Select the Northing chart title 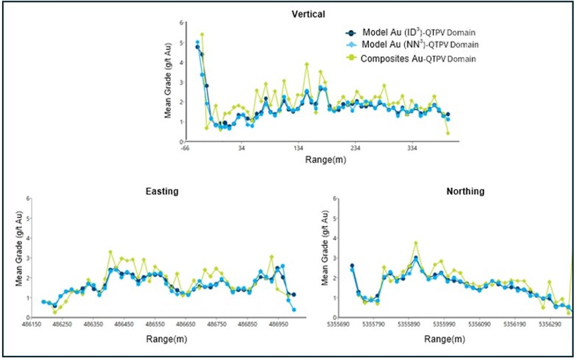point(466,191)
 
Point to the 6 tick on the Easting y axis point(29,198)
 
